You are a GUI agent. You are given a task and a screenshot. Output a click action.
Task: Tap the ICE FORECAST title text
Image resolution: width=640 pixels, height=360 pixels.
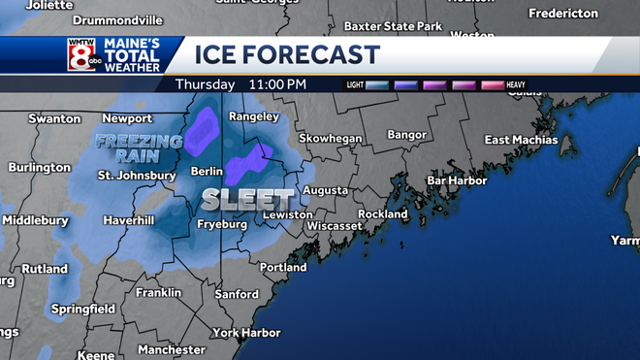coord(287,54)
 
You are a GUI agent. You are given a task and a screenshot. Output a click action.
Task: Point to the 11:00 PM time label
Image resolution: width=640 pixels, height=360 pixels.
coord(277,84)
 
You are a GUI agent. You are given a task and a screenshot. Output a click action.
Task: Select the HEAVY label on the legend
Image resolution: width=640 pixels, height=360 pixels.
coord(515,85)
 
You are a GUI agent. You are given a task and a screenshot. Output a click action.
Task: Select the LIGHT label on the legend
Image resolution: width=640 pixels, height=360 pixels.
coord(355,85)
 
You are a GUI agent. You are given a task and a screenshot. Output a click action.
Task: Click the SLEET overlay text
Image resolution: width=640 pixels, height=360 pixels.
coord(236,199)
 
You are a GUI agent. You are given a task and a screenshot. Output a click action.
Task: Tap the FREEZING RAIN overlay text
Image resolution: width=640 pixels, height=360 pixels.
coord(139,148)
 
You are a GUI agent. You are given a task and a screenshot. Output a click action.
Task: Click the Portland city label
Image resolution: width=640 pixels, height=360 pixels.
coord(282,267)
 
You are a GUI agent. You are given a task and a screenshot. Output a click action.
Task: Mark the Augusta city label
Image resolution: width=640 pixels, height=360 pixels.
coord(325,190)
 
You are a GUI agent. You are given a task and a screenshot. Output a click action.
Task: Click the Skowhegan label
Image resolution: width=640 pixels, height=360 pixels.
coord(330,139)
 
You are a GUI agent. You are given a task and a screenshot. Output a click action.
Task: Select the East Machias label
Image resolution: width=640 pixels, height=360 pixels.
coord(524,140)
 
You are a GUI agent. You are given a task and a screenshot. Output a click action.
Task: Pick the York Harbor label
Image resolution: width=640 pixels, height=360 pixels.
coord(245,332)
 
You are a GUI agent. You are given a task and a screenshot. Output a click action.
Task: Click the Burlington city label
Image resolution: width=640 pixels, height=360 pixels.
coord(39,167)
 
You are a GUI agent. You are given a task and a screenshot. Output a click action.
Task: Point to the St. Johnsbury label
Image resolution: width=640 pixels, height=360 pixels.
coord(137,176)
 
